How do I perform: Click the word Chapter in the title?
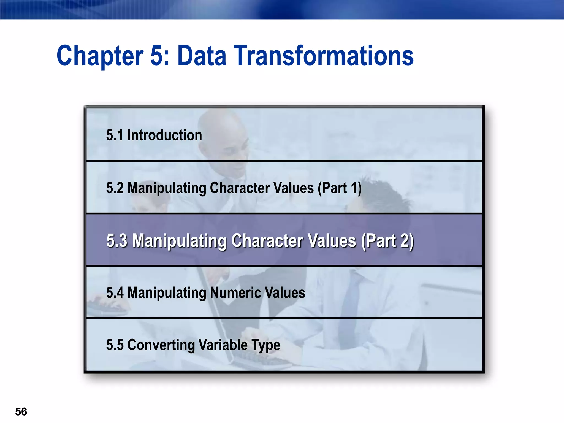tap(100, 56)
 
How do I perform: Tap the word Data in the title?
tap(202, 56)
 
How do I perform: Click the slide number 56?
tap(21, 412)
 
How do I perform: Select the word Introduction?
tap(164, 135)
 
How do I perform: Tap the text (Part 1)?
tap(340, 188)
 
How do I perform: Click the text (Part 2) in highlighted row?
tap(387, 241)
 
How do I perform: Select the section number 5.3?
tap(117, 240)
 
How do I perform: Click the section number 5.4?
tap(115, 292)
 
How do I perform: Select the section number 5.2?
tap(115, 188)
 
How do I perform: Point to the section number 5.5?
tap(115, 345)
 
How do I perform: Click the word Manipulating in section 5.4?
tap(167, 292)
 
